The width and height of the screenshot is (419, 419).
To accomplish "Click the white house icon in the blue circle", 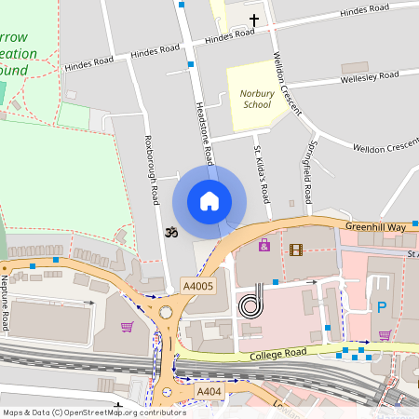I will (x=209, y=200).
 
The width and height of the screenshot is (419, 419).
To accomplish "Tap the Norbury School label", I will (x=255, y=99).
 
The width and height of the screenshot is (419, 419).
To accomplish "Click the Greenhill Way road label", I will (x=375, y=226).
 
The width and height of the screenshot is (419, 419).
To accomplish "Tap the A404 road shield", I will (x=209, y=392).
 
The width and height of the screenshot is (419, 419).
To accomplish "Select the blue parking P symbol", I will (x=380, y=305).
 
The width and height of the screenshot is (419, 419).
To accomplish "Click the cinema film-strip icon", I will (x=296, y=249).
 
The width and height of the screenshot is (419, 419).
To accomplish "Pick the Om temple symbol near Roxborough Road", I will (x=170, y=231).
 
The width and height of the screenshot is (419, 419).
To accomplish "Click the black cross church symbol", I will (x=252, y=19).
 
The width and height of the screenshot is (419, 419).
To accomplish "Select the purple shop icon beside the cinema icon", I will (x=264, y=246).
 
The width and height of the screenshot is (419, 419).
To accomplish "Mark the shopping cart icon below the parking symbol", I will (x=385, y=334).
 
